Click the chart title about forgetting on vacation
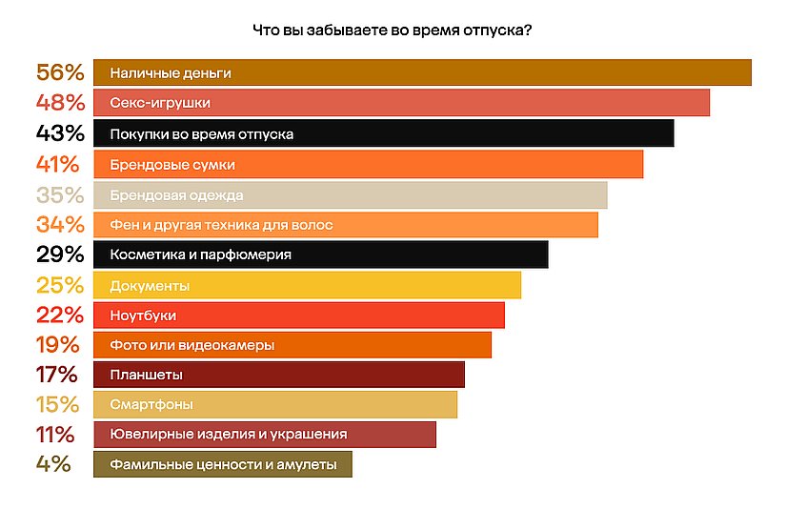(393, 30)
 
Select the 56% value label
(61, 72)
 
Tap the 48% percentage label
(61, 103)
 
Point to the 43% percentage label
(61, 133)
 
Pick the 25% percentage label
(61, 285)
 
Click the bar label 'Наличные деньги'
(171, 72)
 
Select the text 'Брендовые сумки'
(172, 164)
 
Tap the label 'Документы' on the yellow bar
(150, 285)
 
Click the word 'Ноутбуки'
(143, 315)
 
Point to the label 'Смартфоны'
(152, 404)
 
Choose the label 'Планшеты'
(147, 375)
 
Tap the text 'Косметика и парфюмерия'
(200, 254)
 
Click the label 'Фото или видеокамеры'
(192, 344)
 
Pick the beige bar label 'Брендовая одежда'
(176, 194)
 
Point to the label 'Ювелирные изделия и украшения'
(228, 435)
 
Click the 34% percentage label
(61, 225)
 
